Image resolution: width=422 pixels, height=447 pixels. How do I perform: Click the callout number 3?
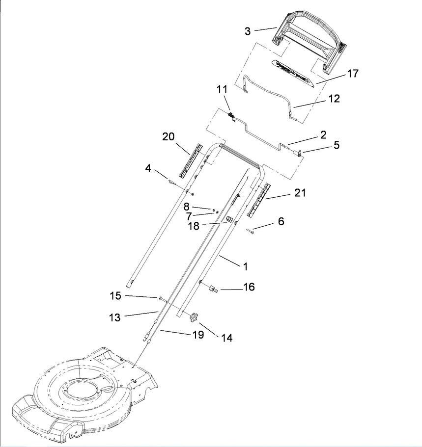click(x=248, y=31)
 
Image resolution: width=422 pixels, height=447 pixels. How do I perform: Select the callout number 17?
click(x=353, y=73)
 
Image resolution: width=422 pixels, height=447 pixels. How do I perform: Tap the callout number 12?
click(x=335, y=98)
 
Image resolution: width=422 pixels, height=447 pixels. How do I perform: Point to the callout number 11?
click(x=222, y=89)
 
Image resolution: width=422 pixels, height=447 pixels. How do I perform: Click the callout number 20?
click(x=168, y=136)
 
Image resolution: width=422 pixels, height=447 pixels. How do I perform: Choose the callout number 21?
click(x=300, y=193)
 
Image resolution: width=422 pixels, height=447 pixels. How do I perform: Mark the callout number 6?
click(x=281, y=221)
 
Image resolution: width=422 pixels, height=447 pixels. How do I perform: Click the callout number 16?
click(x=249, y=287)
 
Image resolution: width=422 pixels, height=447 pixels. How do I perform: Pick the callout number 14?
click(x=226, y=338)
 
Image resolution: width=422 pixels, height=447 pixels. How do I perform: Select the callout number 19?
click(x=198, y=334)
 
